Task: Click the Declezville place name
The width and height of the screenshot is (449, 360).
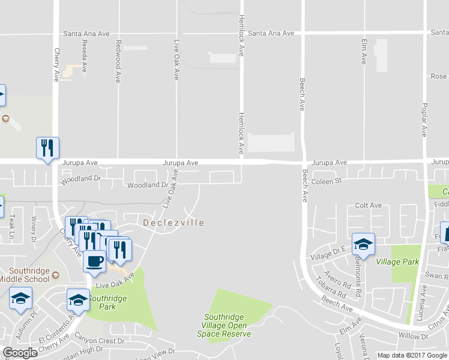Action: coord(174,223)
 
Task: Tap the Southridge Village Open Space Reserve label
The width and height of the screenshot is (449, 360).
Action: coord(227,325)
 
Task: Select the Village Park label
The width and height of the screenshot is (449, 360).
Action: coord(397,262)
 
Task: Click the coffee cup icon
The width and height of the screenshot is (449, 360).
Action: coord(95,261)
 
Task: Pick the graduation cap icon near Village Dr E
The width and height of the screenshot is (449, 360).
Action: coord(363,244)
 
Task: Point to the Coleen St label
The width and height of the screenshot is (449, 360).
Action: coord(326,180)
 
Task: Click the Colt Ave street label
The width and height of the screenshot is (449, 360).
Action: coord(368,205)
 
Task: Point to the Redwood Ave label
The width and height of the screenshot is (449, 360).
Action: coord(119,61)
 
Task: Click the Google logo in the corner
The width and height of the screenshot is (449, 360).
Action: coord(20,353)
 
